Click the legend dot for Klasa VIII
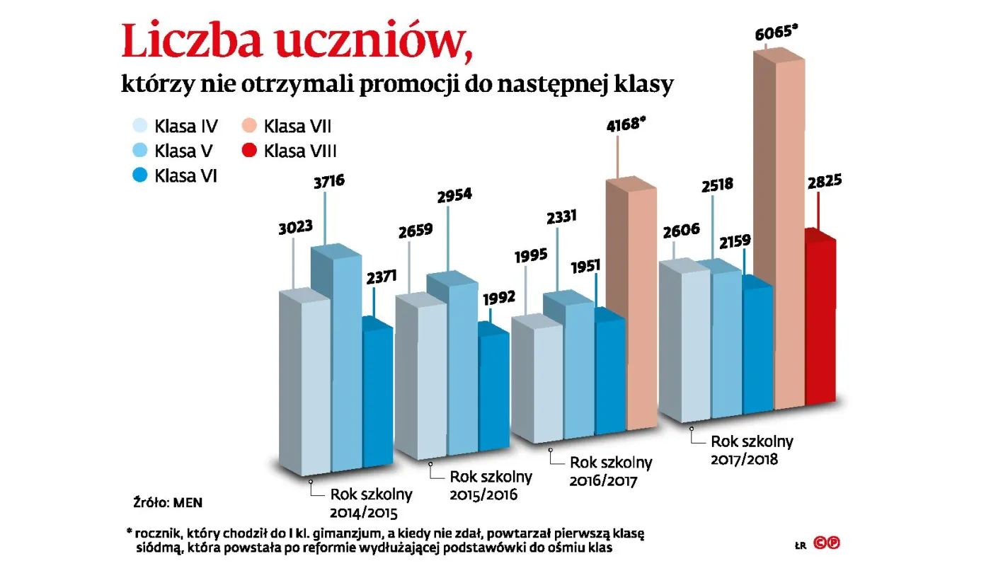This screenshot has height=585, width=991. (249, 151)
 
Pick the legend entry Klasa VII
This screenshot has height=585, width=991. (287, 127)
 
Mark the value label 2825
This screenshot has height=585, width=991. (822, 180)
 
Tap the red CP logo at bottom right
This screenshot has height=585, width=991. (827, 543)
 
